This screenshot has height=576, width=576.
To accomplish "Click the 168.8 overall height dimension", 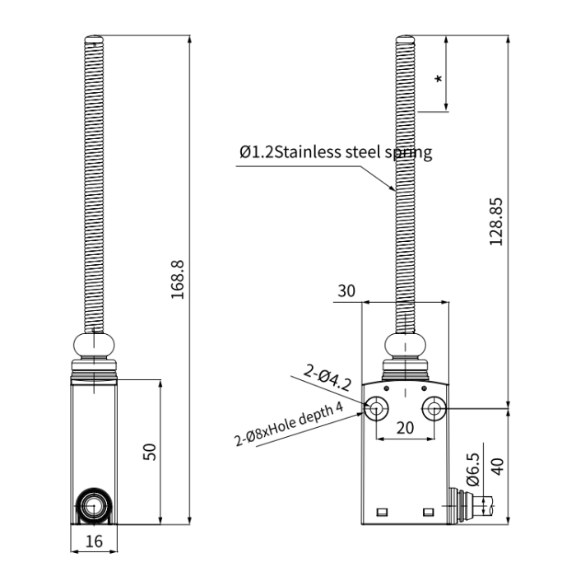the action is pyautogui.click(x=178, y=280).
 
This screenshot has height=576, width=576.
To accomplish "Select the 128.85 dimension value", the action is pyautogui.click(x=496, y=221).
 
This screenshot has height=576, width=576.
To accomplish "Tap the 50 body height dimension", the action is pyautogui.click(x=150, y=452).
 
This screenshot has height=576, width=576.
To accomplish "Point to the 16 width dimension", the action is pyautogui.click(x=94, y=541).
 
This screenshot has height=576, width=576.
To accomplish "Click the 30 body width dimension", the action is pyautogui.click(x=346, y=291).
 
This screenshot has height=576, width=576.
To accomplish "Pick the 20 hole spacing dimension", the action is pyautogui.click(x=405, y=428).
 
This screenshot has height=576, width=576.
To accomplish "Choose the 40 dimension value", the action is pyautogui.click(x=497, y=467).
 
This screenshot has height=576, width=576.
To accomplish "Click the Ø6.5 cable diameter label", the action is pyautogui.click(x=473, y=469).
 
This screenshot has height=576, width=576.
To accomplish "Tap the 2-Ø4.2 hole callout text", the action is pyautogui.click(x=327, y=377).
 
